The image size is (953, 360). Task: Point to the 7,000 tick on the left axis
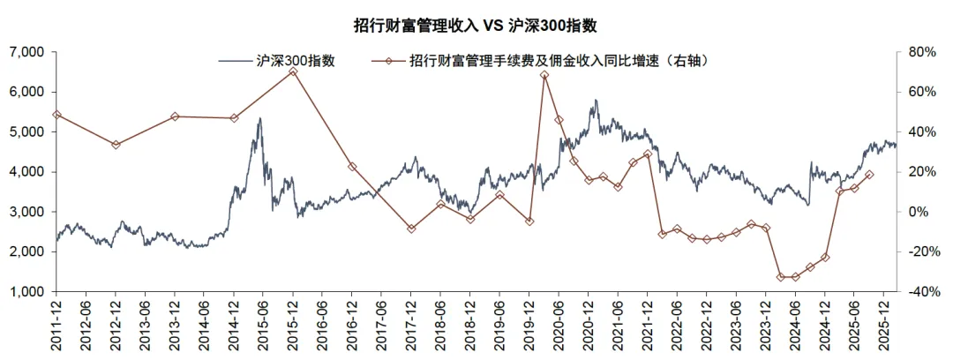26,52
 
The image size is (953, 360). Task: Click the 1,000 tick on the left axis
26,291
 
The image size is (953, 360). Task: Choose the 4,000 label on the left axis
26,172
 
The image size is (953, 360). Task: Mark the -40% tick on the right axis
919,291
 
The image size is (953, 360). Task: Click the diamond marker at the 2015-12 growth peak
293,71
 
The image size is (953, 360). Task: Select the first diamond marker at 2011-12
56,115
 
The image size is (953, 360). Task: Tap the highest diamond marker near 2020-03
544,75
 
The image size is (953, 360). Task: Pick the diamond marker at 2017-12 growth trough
411,229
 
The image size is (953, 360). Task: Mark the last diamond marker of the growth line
869,175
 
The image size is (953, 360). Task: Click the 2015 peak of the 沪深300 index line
259,119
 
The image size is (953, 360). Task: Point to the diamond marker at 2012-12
116,145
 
